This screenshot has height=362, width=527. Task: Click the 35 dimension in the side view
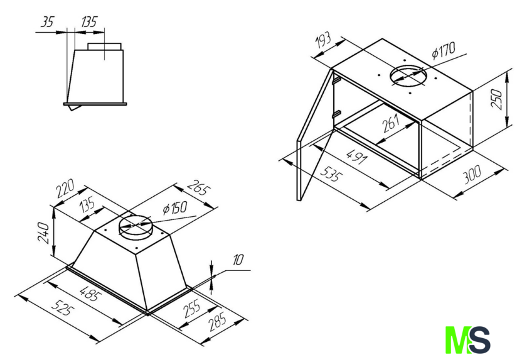tap(48, 22)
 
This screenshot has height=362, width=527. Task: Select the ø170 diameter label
tap(444, 50)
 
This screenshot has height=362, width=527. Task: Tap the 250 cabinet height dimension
tap(497, 99)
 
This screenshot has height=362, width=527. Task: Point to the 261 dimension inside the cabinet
tap(390, 123)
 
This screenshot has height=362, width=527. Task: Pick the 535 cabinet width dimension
tap(331, 175)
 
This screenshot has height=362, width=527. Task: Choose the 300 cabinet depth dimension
tap(472, 175)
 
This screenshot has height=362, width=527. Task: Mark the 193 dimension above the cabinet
tap(322, 41)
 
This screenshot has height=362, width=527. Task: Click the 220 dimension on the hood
tap(65, 189)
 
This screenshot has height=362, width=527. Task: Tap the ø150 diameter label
tap(175, 208)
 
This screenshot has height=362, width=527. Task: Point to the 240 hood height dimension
tap(44, 233)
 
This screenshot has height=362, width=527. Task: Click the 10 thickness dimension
tap(238, 260)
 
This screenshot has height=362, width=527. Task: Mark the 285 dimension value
tap(218, 322)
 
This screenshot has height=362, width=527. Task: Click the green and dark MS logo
tap(468, 340)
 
